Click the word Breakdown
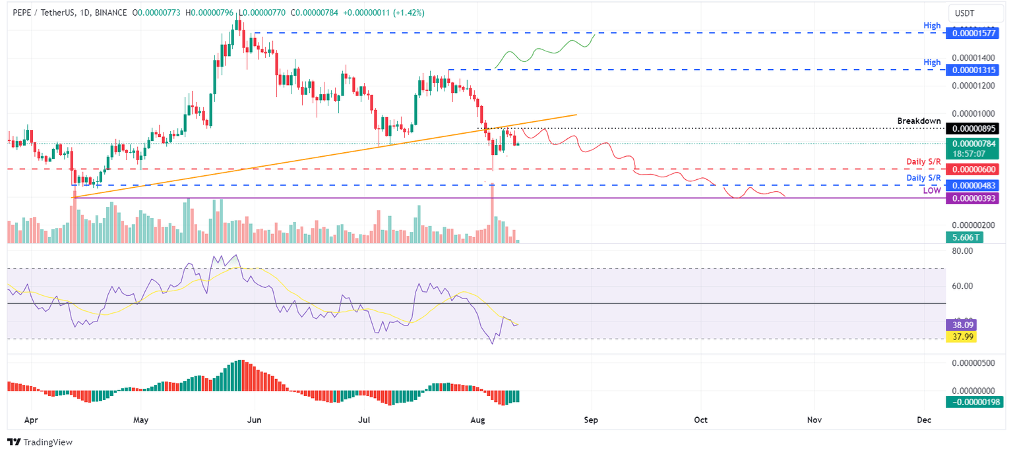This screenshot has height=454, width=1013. [x=919, y=121]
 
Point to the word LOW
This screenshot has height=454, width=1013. [x=931, y=190]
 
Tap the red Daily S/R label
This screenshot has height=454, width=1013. [x=923, y=161]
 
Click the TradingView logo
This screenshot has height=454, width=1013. [x=40, y=442]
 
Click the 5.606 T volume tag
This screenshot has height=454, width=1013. [x=963, y=237]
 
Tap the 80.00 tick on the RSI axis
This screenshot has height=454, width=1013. [x=964, y=251]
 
